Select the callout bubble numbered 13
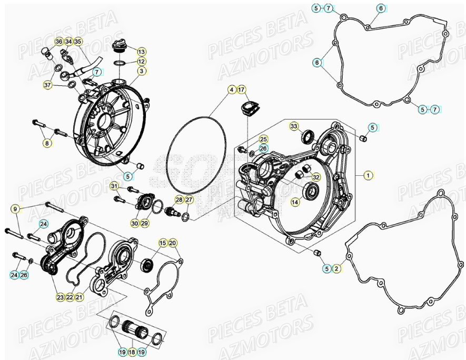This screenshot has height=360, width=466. click(142, 52)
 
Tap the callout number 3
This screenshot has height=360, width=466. click(142, 71)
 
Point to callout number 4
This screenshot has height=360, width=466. click(232, 90)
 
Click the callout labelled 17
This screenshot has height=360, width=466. click(241, 90)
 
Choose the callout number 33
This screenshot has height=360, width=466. click(294, 126)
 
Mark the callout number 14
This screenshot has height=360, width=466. click(295, 202)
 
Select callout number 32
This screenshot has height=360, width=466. click(316, 176)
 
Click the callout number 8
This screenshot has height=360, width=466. click(47, 143)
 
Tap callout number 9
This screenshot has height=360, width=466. click(16, 209)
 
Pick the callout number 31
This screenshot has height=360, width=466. click(114, 186)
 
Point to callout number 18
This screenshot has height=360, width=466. click(132, 351)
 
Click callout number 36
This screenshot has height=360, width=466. click(58, 42)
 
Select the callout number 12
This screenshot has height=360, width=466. click(142, 61)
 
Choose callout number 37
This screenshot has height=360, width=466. click(47, 85)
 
